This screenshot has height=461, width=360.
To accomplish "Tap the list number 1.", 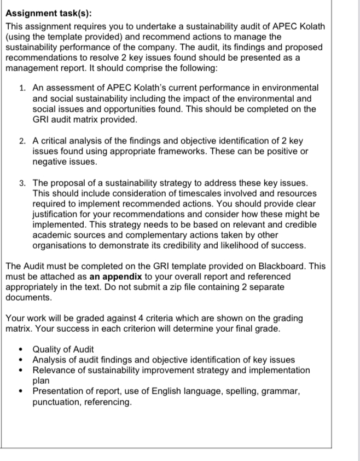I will [21, 88].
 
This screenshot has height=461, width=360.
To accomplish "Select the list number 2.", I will [21, 141].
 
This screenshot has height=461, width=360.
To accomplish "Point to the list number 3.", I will [21, 182].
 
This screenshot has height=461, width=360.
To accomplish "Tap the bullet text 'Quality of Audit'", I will [63, 349].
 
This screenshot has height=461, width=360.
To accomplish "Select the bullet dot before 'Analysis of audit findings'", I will [21, 360].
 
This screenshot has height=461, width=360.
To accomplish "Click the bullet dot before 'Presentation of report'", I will [21, 391].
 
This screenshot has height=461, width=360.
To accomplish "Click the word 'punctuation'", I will [56, 401].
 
